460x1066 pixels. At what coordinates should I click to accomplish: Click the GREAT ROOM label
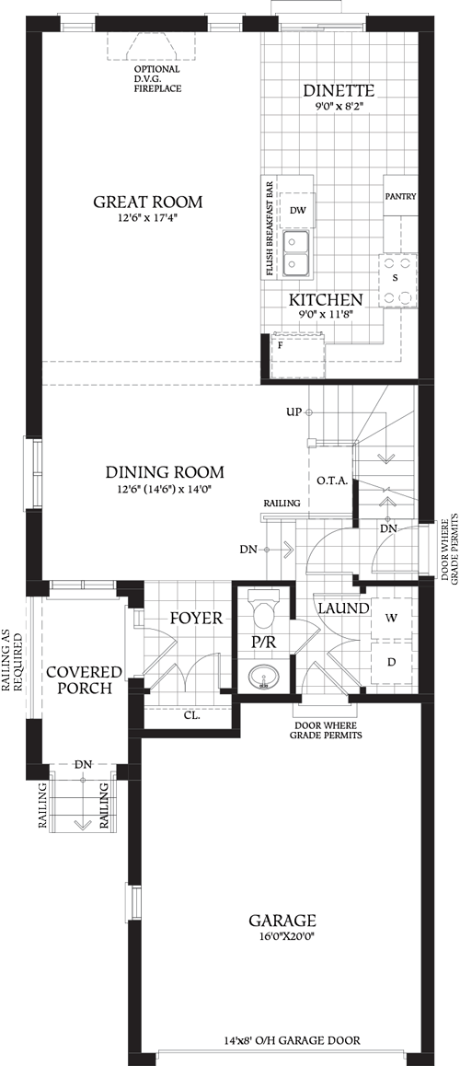147,203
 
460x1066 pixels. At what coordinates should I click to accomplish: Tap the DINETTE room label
339,90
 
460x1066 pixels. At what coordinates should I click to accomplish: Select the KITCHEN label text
326,300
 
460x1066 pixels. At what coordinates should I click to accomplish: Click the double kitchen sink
296,252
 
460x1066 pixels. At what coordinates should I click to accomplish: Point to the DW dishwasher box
296,211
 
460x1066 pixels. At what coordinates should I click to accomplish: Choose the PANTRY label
400,196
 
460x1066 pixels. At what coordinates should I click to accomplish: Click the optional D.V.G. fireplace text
157,78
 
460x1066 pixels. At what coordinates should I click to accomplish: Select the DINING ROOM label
164,472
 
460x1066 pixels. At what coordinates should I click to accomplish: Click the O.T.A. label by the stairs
331,481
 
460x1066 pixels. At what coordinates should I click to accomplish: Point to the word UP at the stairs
293,411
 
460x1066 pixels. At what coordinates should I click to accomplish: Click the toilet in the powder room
262,611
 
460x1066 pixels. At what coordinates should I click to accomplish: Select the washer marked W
392,619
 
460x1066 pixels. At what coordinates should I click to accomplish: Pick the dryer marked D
392,663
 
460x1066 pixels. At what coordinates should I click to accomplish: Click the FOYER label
195,618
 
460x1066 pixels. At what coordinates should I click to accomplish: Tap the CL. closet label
192,713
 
